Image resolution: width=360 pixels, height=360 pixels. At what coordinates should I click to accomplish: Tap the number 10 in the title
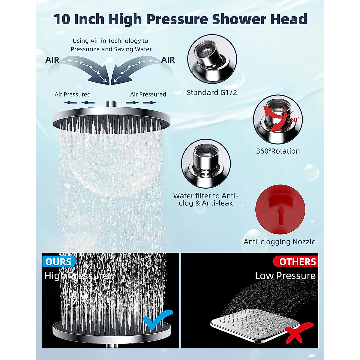point(62,19)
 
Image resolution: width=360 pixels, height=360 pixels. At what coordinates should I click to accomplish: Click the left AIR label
point(52,60)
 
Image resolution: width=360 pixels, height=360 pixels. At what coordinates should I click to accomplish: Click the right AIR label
point(168,60)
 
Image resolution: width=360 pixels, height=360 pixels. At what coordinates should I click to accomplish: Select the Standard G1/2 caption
point(212,93)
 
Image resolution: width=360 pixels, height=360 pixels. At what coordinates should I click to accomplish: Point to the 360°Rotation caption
point(278,151)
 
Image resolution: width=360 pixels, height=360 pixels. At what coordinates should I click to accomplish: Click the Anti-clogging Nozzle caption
point(279,242)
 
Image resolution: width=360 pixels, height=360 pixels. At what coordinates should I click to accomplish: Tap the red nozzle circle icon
point(280,209)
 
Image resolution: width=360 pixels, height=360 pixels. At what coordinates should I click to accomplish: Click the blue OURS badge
point(59,262)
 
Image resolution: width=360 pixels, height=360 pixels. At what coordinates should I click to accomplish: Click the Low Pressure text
point(285,276)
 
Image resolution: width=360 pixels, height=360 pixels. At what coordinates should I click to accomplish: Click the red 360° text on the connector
point(293,120)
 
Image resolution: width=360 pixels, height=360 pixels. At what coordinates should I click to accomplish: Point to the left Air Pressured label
point(73,94)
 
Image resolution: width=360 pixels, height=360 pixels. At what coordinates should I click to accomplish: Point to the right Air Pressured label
point(148,94)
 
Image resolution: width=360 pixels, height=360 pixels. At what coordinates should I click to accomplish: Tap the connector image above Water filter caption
point(206,163)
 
